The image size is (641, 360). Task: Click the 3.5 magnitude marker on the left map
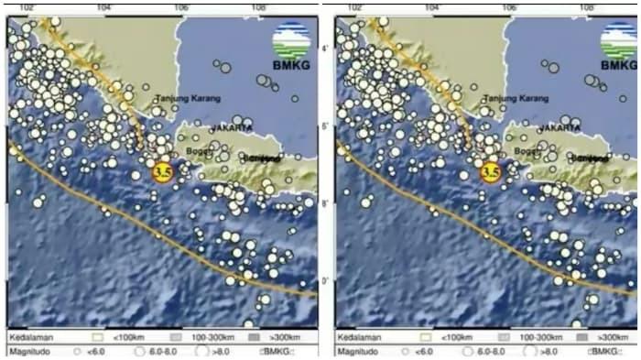163,171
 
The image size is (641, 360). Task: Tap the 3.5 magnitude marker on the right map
491,171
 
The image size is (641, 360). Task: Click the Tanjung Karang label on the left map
184,98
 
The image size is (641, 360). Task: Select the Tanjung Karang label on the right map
512,98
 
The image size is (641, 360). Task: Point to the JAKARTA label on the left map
231,128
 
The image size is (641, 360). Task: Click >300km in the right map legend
611,336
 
